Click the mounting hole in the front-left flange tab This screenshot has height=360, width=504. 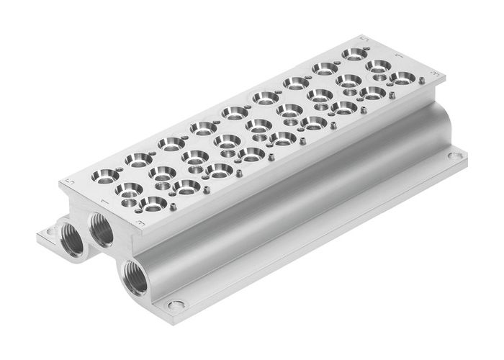tap(50, 232)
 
